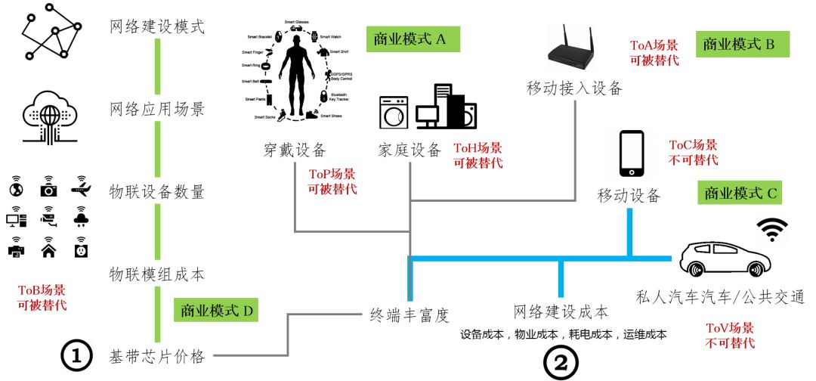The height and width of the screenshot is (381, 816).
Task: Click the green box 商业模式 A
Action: point(412,39)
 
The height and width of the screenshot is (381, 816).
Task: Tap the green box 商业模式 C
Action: point(740,194)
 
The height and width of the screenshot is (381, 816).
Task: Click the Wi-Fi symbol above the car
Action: point(771,230)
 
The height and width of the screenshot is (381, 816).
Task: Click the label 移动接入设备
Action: point(574,88)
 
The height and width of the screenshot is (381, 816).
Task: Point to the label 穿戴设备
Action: point(289,149)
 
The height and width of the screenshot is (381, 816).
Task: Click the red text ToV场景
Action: point(729,328)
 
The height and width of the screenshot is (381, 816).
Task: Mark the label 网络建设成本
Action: point(560,311)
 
